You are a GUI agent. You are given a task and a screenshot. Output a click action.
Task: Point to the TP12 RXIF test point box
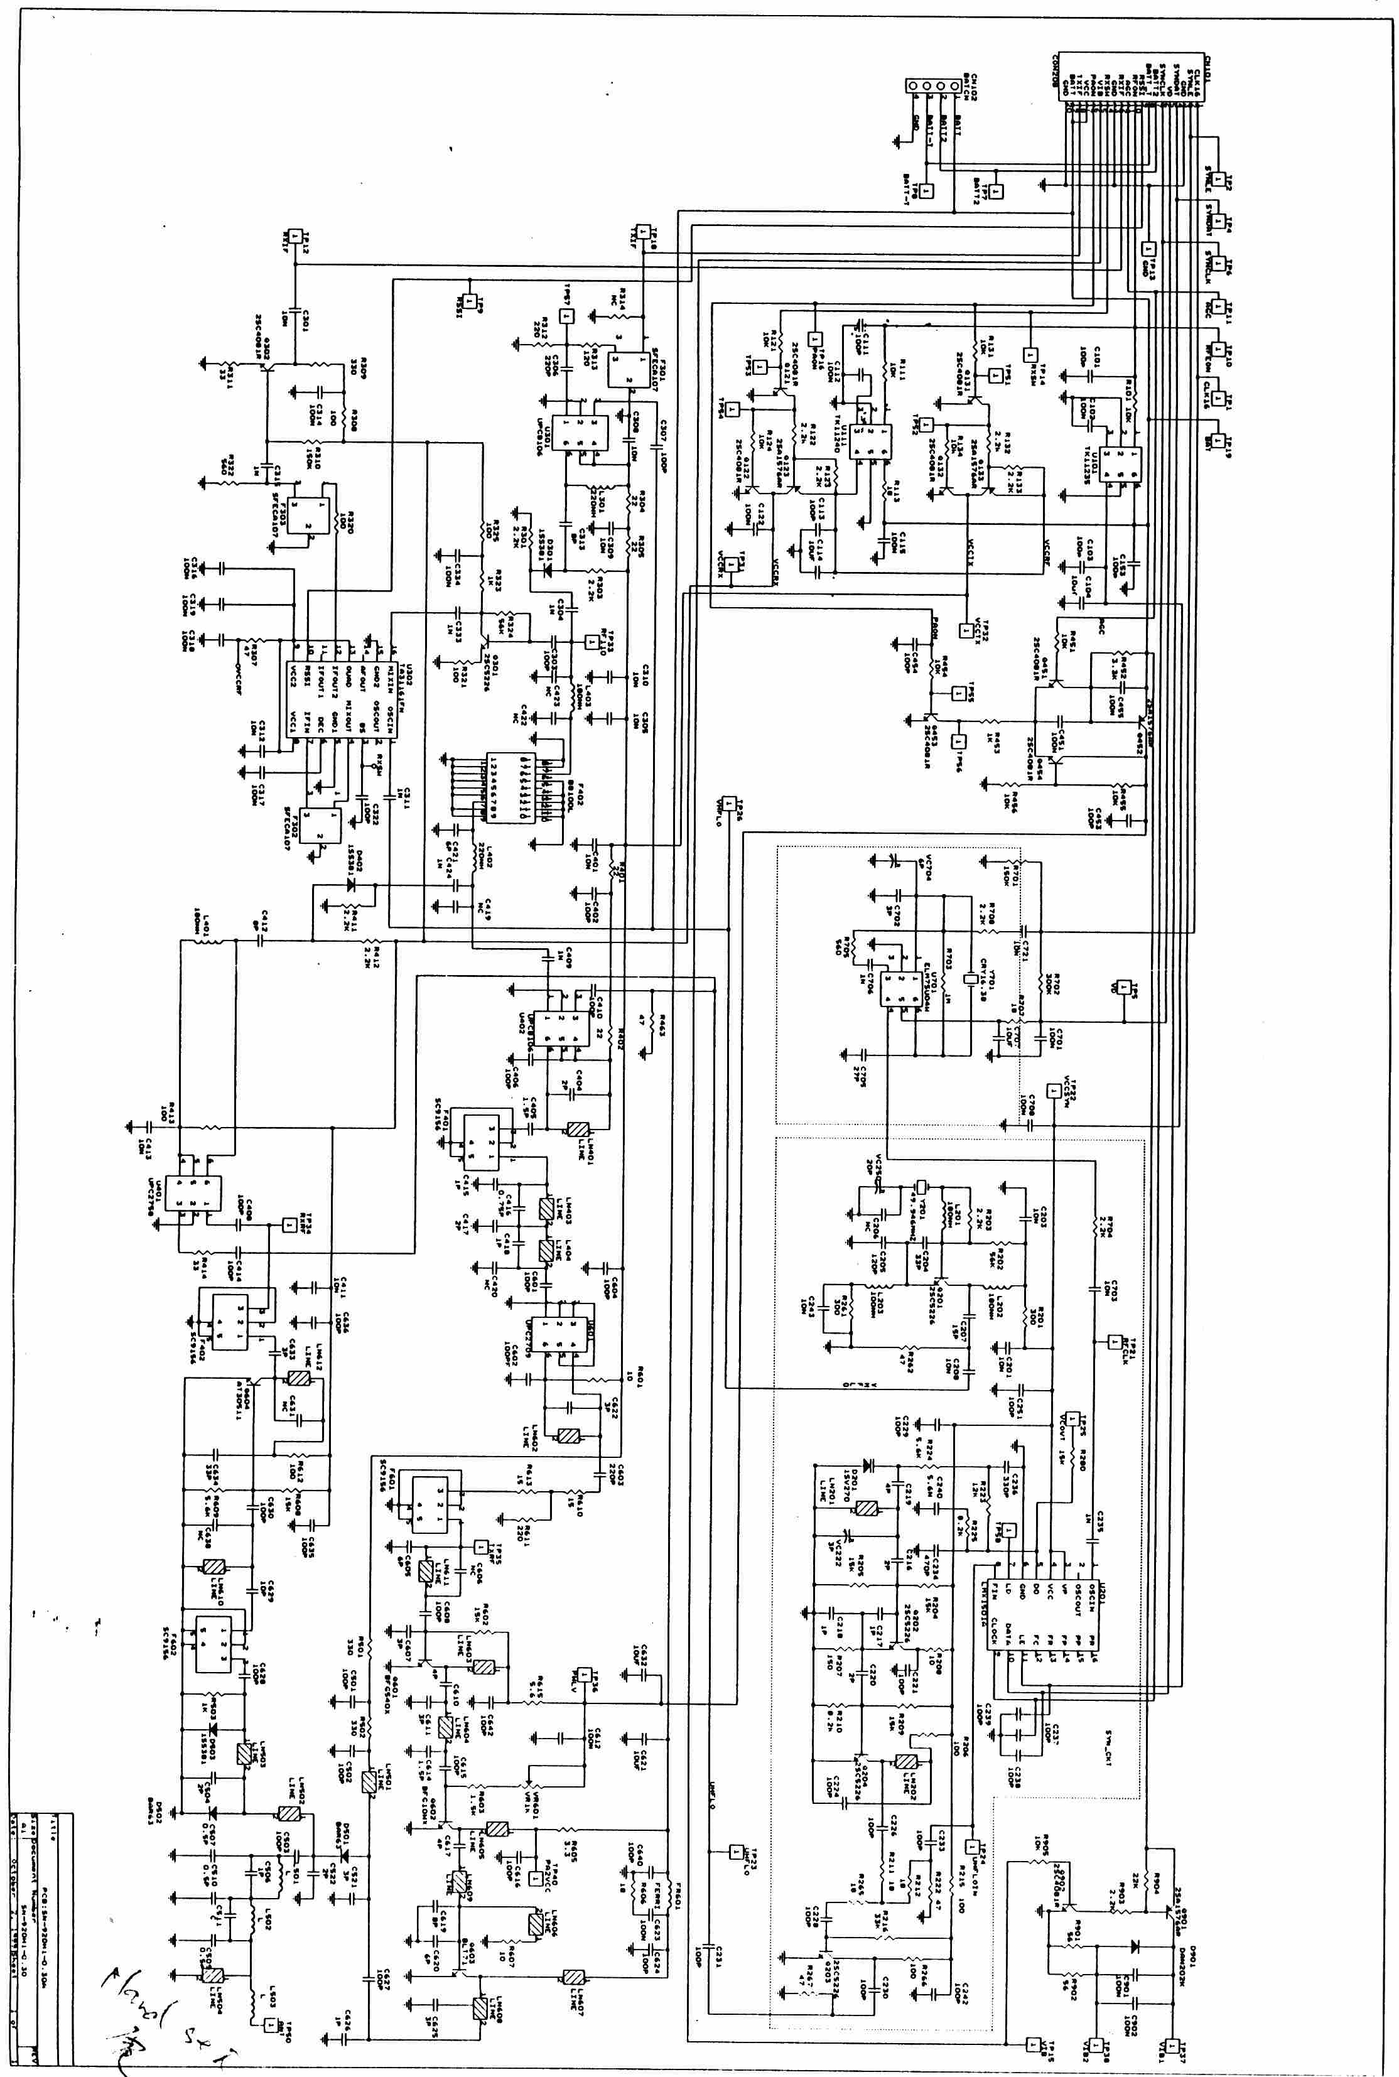295,234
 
